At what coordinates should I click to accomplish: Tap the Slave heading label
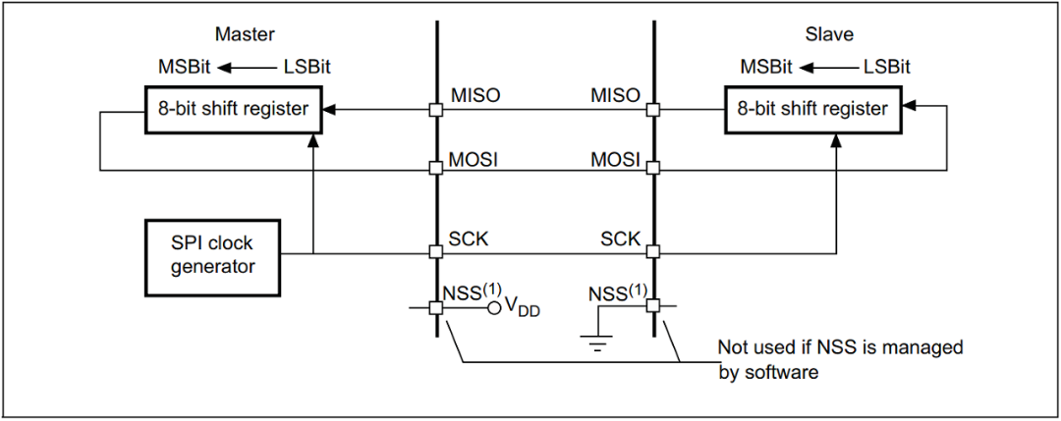pos(828,34)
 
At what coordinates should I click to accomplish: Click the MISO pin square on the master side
pos(435,110)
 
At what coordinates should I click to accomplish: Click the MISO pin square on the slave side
pos(652,110)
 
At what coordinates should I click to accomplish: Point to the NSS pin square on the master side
pos(435,307)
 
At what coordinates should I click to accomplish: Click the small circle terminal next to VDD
pos(495,307)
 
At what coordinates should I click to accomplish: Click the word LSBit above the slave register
pos(887,67)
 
